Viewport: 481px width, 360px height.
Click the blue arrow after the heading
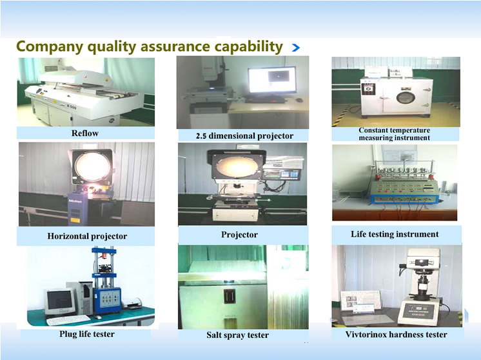click(x=296, y=48)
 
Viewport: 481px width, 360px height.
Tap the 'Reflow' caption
click(x=85, y=133)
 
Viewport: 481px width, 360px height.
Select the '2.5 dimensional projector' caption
click(x=244, y=135)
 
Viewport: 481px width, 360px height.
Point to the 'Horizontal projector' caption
click(x=87, y=236)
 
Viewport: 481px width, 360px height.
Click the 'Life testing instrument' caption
click(x=395, y=234)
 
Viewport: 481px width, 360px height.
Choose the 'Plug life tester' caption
click(x=87, y=334)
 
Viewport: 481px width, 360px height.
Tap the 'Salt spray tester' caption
click(x=237, y=335)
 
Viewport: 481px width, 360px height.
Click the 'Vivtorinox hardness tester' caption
click(x=396, y=334)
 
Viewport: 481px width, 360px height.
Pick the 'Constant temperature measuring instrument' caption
click(x=395, y=134)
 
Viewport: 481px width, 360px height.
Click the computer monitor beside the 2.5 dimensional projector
click(x=272, y=80)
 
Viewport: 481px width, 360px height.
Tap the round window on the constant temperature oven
click(x=406, y=97)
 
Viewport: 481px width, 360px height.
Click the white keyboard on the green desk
click(x=68, y=321)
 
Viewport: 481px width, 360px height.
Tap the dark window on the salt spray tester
click(x=230, y=297)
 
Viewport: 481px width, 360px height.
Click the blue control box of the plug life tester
click(x=107, y=300)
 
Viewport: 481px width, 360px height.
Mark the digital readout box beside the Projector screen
click(x=281, y=174)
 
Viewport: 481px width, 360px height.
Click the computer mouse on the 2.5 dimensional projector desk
click(x=299, y=100)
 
